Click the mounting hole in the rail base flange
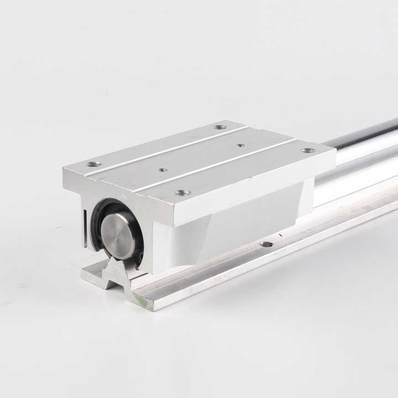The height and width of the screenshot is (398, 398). [266, 244]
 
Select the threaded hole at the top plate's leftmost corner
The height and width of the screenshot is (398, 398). [93, 164]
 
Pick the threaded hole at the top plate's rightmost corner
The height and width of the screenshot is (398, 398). [308, 150]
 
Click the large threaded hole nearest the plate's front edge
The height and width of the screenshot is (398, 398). [182, 193]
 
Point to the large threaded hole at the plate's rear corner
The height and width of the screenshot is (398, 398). [220, 127]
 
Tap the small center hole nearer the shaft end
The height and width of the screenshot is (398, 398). [162, 170]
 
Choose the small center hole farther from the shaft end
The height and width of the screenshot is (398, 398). [240, 145]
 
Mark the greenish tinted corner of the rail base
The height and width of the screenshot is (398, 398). [141, 301]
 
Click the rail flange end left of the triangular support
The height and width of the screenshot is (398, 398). [91, 275]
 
